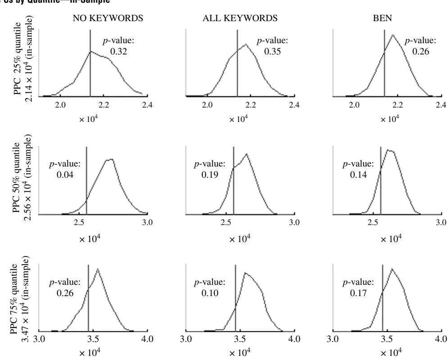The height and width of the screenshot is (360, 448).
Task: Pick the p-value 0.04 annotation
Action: [x=64, y=168]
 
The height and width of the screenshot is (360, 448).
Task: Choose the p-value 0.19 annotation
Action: [x=209, y=168]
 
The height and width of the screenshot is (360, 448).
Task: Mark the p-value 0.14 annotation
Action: [x=358, y=168]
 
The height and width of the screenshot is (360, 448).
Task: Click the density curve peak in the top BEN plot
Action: [x=393, y=35]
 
